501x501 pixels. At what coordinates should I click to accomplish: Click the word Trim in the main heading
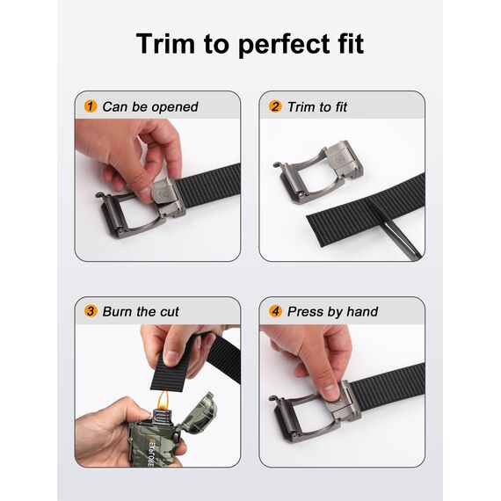[165, 43]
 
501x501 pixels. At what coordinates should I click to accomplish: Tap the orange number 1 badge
[91, 106]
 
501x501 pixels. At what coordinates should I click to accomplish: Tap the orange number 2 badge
[275, 106]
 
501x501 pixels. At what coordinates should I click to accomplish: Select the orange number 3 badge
[91, 311]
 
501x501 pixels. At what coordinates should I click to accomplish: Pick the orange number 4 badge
[275, 311]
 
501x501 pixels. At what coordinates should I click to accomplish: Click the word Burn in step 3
[118, 311]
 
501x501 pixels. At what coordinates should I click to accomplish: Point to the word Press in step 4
[304, 311]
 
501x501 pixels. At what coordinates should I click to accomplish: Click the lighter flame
[163, 400]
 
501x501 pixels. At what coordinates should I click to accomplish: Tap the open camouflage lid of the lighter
[200, 412]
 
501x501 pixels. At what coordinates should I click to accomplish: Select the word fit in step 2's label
[341, 107]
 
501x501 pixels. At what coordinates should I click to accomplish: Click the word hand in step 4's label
[362, 311]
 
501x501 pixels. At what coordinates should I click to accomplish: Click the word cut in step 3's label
[170, 312]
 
